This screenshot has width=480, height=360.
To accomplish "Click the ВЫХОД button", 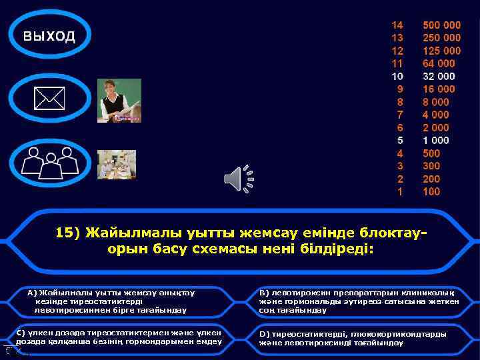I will (49, 35).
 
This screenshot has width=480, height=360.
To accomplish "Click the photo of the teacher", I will (119, 101).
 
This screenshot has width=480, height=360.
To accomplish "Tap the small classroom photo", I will (117, 164).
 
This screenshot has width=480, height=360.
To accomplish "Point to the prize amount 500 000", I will (441, 25).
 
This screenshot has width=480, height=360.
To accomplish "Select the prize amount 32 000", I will (439, 76).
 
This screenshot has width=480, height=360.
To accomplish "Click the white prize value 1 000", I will (436, 140).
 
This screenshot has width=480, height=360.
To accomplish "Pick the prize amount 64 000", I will (439, 63).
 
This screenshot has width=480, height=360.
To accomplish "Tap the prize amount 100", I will (431, 191).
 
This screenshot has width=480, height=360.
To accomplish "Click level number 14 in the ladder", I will (397, 25).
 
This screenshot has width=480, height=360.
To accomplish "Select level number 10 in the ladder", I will (397, 76).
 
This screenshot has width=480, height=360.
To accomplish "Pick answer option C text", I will (119, 337).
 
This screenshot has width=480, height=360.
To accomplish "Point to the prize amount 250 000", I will (441, 38).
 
